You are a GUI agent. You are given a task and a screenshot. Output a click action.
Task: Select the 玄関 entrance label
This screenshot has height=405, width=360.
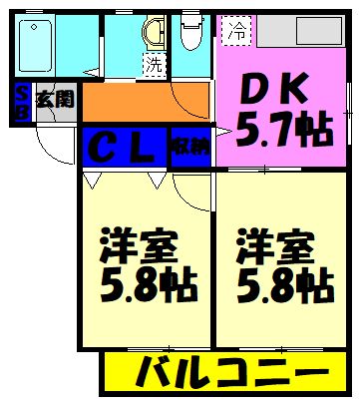point(54,100)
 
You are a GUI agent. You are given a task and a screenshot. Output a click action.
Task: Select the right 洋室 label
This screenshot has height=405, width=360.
point(270,244)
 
